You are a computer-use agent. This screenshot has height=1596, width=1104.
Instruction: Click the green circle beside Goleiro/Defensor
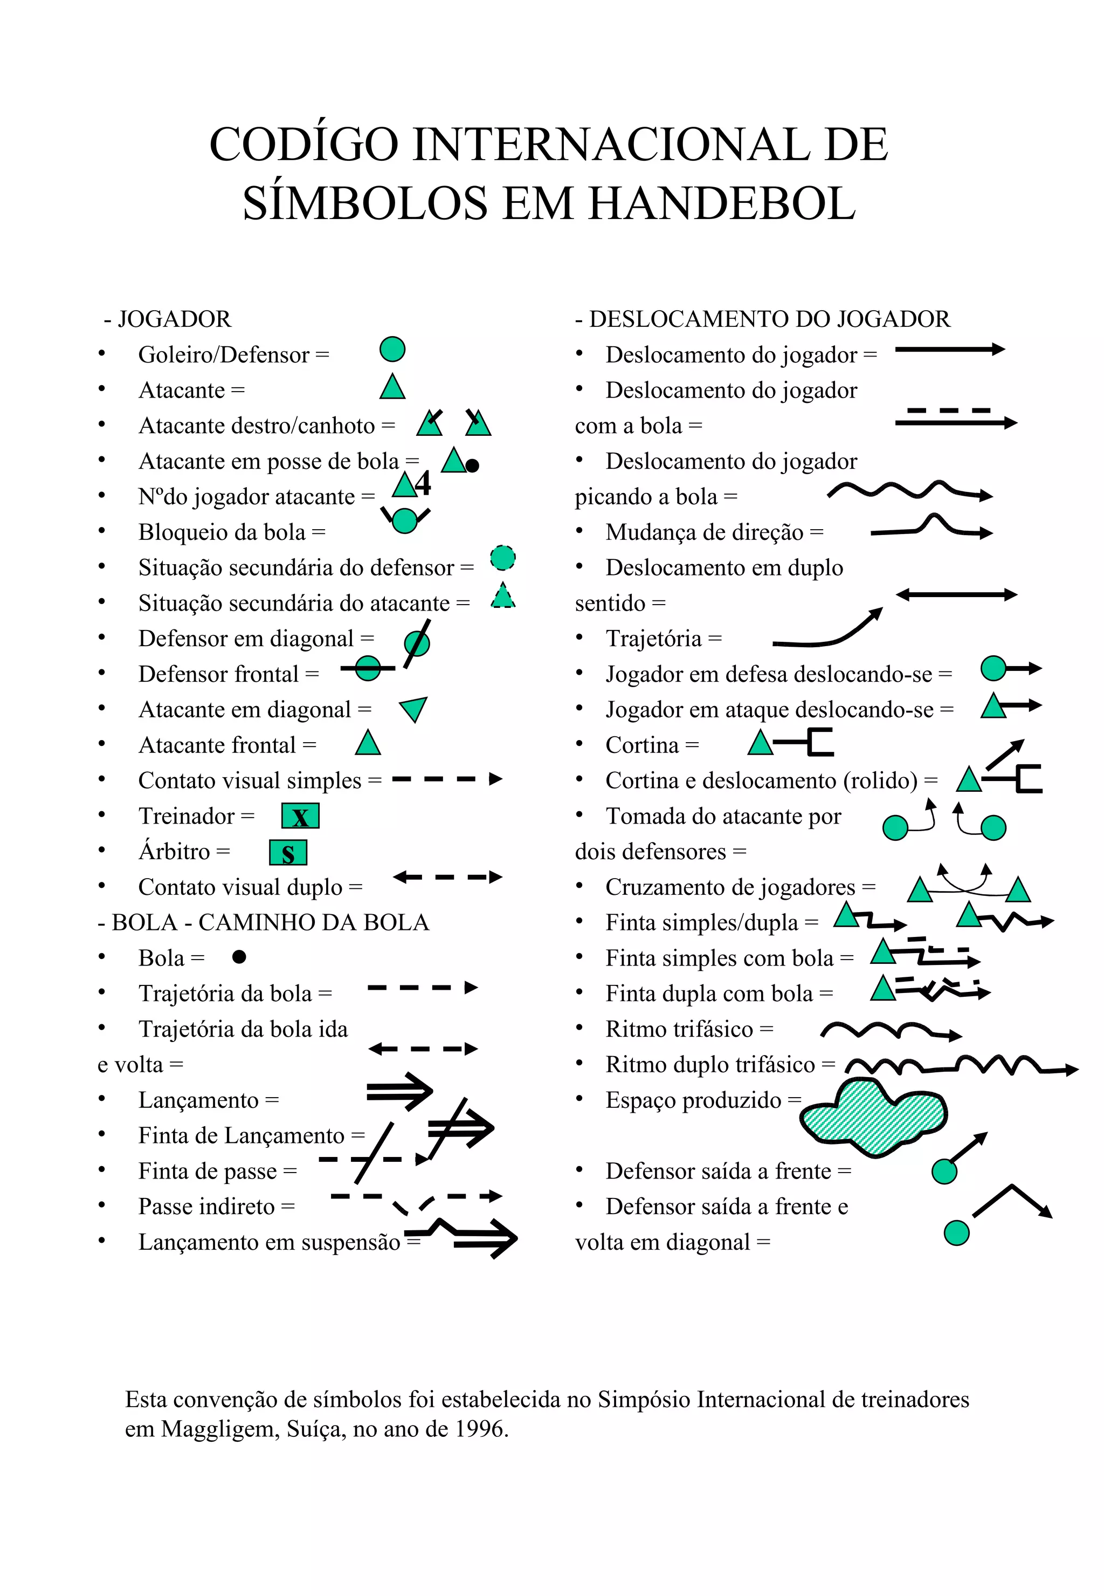[x=392, y=350]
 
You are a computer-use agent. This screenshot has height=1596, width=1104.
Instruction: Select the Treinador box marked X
[x=300, y=816]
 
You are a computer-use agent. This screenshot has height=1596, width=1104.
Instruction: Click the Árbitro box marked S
[x=288, y=853]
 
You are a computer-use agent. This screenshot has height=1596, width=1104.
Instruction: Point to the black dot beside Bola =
[x=239, y=956]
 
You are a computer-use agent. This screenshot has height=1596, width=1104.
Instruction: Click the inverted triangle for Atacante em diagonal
[x=413, y=709]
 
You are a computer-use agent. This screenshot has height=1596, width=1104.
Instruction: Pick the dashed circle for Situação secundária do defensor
[x=503, y=558]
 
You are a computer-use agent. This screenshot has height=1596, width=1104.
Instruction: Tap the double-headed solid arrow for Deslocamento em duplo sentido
[x=956, y=594]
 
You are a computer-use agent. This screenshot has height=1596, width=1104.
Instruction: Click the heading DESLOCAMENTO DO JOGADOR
[x=769, y=319]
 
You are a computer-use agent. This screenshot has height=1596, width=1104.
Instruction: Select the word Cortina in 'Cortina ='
[x=642, y=745]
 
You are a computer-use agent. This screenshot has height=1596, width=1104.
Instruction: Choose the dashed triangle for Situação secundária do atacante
[x=503, y=596]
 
